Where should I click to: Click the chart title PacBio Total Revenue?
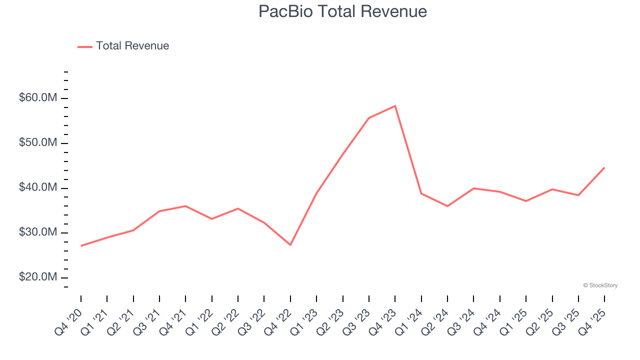(x=342, y=11)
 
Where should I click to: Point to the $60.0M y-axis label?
(x=38, y=98)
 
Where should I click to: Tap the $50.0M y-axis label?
(x=38, y=143)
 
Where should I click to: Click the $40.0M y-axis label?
(x=38, y=188)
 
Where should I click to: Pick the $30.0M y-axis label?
(x=38, y=233)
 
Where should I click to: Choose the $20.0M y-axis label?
(x=38, y=277)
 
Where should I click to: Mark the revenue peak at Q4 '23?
(x=395, y=106)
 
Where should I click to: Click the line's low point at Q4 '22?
(x=290, y=245)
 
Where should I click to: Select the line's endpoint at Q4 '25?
(x=604, y=167)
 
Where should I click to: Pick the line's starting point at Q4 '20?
(x=81, y=246)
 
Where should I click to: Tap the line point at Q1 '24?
(x=421, y=193)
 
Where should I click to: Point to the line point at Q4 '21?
(x=185, y=206)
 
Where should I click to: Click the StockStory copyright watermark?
(x=600, y=285)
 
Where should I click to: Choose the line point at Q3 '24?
(x=473, y=188)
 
